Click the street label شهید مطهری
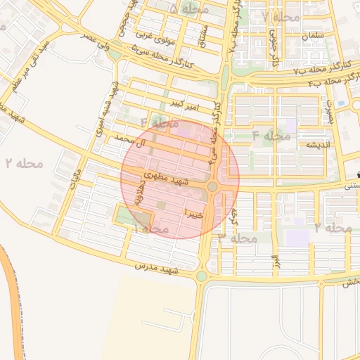166,177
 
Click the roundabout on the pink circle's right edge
212,186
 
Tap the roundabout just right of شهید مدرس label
202,276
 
